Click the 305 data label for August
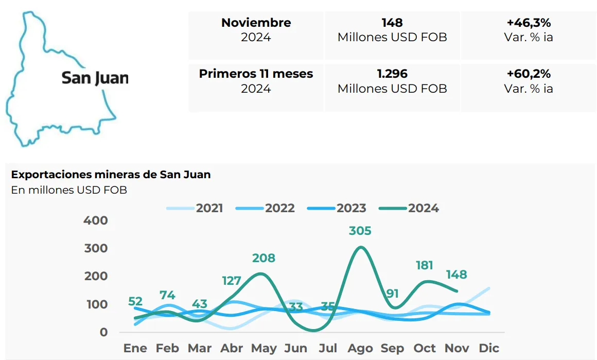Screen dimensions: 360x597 click(360, 231)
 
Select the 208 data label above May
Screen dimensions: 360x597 click(264, 258)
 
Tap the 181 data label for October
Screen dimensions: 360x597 click(424, 265)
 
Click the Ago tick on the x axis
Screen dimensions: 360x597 click(360, 349)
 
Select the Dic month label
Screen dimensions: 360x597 click(488, 349)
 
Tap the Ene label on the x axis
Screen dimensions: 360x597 click(135, 349)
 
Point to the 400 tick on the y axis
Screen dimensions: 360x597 click(96, 220)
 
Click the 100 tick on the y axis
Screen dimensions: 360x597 click(96, 304)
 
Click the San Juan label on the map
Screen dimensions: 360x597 click(95, 78)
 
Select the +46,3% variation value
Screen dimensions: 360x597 click(529, 23)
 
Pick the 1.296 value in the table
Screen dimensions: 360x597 click(392, 74)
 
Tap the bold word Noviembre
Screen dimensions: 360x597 click(256, 23)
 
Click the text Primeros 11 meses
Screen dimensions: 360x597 click(256, 74)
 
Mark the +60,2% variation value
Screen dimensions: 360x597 click(529, 74)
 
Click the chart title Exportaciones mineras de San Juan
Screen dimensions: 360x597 click(111, 174)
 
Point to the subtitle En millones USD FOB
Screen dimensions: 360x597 click(69, 190)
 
